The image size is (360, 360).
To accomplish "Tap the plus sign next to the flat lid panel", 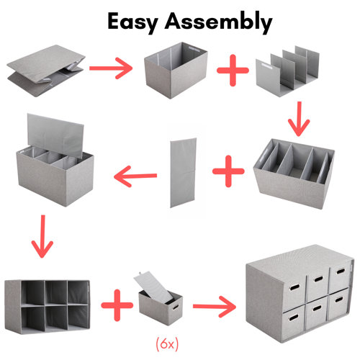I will [x=227, y=173].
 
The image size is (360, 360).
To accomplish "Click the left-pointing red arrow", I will [x=137, y=174].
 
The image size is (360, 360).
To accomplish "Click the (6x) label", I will [x=166, y=340].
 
